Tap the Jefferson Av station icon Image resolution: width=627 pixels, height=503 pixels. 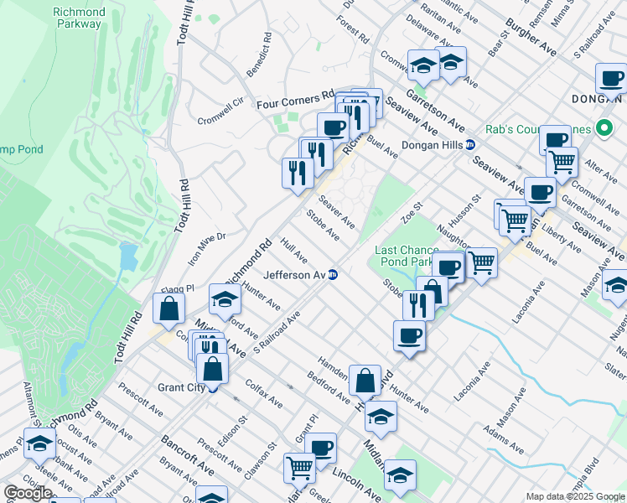click(x=333, y=274)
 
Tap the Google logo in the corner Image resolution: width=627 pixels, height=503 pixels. click(x=28, y=493)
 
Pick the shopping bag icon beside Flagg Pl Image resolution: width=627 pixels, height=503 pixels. click(x=169, y=308)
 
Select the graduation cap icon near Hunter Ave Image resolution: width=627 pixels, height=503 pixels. click(x=225, y=298)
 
